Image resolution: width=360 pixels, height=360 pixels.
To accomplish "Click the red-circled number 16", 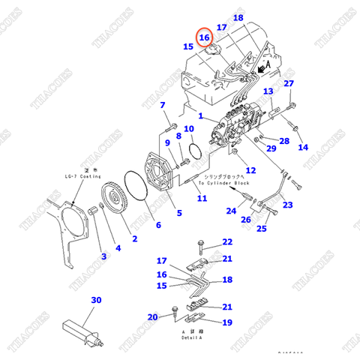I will point(205,37).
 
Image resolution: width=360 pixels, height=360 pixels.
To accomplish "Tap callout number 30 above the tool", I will point(96,301).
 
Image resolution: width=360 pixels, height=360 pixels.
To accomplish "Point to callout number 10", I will point(190,129).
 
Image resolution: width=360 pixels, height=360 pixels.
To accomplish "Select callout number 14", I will point(303,148).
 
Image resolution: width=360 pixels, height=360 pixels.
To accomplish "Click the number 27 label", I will point(289,83).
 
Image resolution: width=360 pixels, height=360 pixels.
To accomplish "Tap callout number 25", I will point(262,228).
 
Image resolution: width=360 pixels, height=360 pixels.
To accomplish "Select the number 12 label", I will point(250,170).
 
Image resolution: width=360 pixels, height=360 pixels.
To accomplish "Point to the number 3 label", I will point(103,257).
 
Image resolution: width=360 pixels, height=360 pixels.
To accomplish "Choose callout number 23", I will point(287,204).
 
